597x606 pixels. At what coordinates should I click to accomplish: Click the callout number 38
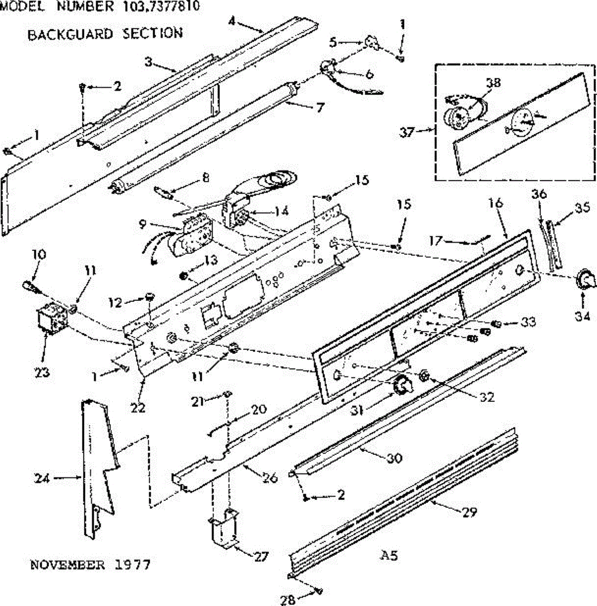[493, 82]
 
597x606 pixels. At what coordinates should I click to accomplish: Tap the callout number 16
[496, 204]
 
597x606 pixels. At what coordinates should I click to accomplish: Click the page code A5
[388, 556]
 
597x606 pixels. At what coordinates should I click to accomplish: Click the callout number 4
[232, 21]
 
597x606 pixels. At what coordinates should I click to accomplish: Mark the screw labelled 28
[318, 590]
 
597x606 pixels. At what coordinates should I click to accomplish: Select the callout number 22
[137, 408]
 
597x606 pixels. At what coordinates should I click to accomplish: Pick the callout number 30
[394, 458]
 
